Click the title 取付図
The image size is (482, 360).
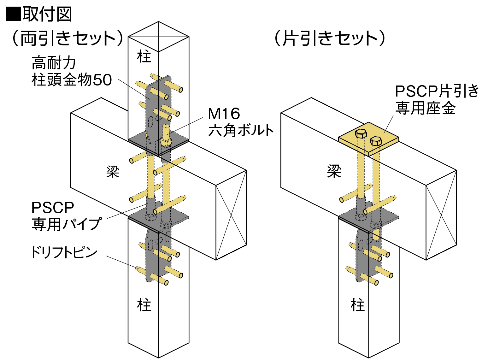point(47,15)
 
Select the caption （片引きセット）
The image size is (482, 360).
point(330,38)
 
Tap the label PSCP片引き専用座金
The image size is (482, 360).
point(437,99)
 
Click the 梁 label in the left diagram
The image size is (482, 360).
point(113,172)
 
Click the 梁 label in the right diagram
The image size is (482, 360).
point(334,172)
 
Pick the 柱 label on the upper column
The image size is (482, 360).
point(144,57)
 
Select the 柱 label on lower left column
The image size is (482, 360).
point(144,305)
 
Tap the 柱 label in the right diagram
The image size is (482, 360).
point(357,305)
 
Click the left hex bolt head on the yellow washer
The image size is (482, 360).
point(361,133)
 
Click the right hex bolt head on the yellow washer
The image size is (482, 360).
point(376,141)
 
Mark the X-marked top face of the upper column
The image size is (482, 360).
point(158,37)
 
